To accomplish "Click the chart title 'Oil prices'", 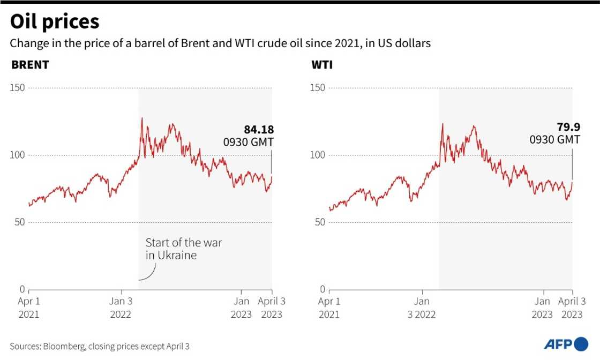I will (x=55, y=21).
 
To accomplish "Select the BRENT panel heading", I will (x=30, y=65).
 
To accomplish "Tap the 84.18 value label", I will (x=259, y=130).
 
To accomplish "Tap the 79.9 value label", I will (x=564, y=128).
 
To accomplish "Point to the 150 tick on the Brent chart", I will (x=18, y=88).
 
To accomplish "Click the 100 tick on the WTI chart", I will (x=318, y=155).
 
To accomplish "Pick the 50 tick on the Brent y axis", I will (x=20, y=222).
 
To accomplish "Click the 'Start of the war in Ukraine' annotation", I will (x=183, y=249).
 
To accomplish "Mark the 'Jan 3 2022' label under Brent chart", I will (x=121, y=308).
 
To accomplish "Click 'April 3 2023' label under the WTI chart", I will (x=572, y=308).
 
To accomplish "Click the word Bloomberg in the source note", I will (x=63, y=347).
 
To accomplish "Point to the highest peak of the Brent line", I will (x=141, y=118).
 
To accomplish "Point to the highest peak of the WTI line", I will (x=442, y=124).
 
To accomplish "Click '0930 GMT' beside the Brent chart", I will (x=248, y=142).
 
